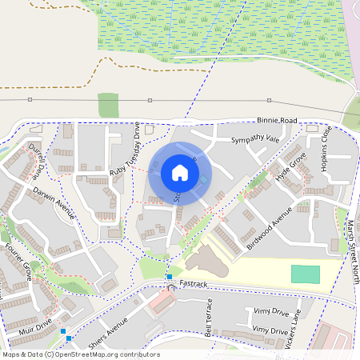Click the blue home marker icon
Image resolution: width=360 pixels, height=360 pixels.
(180, 172)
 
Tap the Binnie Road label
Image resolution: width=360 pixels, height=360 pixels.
(277, 121)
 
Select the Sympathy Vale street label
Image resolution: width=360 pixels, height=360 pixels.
(255, 139)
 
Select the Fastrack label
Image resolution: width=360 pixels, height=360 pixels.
(194, 283)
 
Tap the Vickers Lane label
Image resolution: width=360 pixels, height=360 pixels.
(295, 327)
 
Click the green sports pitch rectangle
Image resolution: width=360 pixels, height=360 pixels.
(305, 274)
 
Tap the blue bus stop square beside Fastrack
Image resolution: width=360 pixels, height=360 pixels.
(170, 277)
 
